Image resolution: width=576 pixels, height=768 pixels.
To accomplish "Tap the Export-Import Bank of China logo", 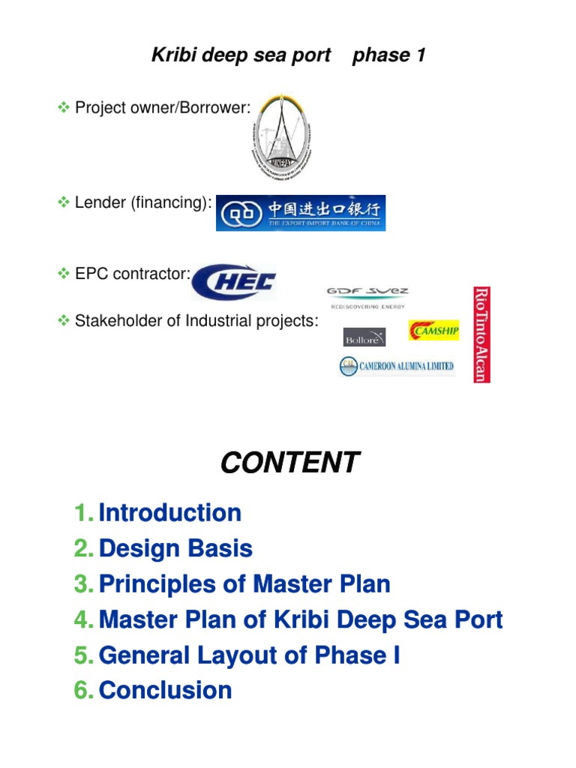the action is (301, 212).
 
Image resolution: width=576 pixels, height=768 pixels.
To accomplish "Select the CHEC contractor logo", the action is (234, 282).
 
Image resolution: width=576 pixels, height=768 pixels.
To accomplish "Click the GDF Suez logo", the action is (367, 296).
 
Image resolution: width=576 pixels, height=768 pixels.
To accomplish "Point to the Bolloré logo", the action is (364, 337).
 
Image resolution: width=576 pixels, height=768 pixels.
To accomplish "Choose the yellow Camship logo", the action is (433, 330).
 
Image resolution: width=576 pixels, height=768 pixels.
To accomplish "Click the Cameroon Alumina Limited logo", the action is (397, 366).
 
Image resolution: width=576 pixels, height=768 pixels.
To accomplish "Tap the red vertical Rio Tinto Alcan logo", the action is (481, 333).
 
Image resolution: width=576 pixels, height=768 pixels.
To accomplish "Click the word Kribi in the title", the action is (172, 55).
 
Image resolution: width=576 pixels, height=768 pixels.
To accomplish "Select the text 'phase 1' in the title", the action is (388, 55).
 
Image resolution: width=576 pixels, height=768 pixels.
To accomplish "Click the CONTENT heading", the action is (289, 463).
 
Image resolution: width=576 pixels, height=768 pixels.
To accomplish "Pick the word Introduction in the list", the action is (170, 513).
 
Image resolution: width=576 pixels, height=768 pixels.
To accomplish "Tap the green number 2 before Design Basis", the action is (82, 549).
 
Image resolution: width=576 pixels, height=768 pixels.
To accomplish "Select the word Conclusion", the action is (165, 690).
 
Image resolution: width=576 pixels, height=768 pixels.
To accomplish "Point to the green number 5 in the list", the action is (82, 655).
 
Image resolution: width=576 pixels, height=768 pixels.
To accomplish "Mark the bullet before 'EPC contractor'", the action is (64, 274).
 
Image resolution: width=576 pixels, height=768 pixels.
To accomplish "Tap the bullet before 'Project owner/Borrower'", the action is (64, 107).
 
